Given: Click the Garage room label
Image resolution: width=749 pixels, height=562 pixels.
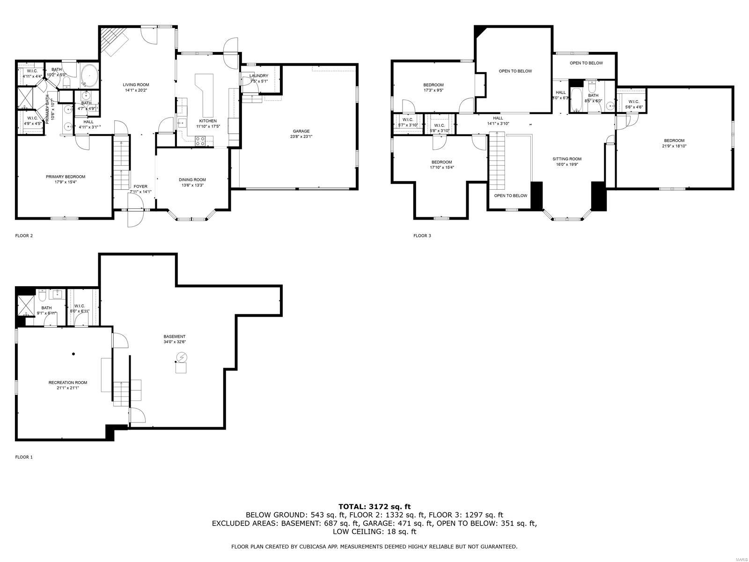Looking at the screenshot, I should click(x=301, y=131).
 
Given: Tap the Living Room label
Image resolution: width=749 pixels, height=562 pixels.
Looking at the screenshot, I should click(x=136, y=85).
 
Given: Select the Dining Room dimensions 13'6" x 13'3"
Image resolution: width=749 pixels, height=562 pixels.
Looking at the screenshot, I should click(x=192, y=185).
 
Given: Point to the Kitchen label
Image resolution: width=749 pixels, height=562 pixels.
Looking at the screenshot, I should click(x=208, y=121).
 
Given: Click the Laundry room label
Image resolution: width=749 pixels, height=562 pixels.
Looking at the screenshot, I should click(x=258, y=76).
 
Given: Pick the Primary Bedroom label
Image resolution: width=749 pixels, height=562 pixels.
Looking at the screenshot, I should click(x=66, y=177).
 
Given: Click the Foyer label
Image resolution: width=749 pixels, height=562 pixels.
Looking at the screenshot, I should click(x=140, y=186).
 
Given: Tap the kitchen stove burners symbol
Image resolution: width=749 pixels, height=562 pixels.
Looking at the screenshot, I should click(x=200, y=140).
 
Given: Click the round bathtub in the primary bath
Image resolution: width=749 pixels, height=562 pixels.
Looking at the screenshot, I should click(x=89, y=76).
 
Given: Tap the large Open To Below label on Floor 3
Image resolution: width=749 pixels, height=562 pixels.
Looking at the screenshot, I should click(x=515, y=71).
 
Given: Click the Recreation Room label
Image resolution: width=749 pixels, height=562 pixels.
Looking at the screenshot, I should click(x=67, y=383).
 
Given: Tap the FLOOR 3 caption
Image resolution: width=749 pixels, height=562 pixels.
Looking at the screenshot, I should click(x=422, y=236).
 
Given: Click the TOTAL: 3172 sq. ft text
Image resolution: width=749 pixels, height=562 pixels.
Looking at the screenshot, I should click(x=374, y=506).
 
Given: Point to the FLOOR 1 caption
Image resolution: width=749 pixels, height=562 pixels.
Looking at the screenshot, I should click(x=24, y=457).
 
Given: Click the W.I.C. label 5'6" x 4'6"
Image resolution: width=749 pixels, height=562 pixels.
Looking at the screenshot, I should click(x=634, y=102).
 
